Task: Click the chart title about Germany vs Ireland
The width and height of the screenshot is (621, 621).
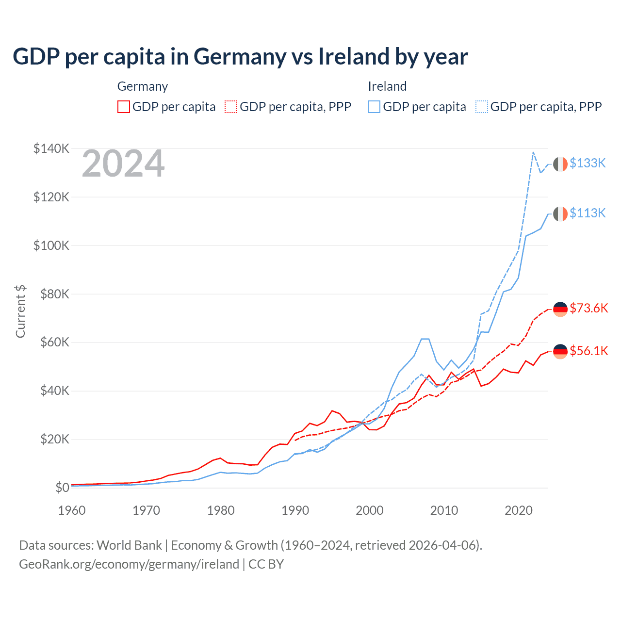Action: coord(240,57)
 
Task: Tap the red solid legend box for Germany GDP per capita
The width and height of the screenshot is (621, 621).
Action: coord(124,107)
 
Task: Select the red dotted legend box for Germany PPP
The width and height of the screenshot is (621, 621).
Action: coord(231,107)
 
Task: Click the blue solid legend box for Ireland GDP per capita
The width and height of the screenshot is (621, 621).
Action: coord(374,107)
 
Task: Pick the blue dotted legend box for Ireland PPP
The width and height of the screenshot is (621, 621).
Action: coord(482,107)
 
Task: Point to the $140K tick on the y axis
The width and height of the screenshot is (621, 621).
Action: coord(51,148)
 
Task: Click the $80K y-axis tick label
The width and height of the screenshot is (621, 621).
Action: coord(51,294)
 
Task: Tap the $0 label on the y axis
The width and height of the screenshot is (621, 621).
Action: coord(62,488)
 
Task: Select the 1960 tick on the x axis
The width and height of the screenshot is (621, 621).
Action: coord(72,510)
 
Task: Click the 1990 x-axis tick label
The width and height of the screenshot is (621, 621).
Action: coord(295,510)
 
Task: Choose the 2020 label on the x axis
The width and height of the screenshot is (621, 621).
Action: coord(519,510)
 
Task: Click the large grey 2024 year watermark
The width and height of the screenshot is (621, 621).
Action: coord(123,163)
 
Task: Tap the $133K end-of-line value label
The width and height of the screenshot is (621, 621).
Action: coord(588,163)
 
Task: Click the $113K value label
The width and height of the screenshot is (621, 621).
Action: coord(588,213)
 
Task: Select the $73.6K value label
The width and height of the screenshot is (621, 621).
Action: coord(588,309)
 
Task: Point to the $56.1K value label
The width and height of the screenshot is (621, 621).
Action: coord(588,351)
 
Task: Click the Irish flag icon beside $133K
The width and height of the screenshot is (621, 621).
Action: coord(560,164)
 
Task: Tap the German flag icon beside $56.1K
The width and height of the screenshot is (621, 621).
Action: coord(560,351)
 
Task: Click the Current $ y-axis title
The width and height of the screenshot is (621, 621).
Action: coord(20,311)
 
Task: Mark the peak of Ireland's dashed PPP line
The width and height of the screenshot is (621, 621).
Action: coord(533,152)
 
